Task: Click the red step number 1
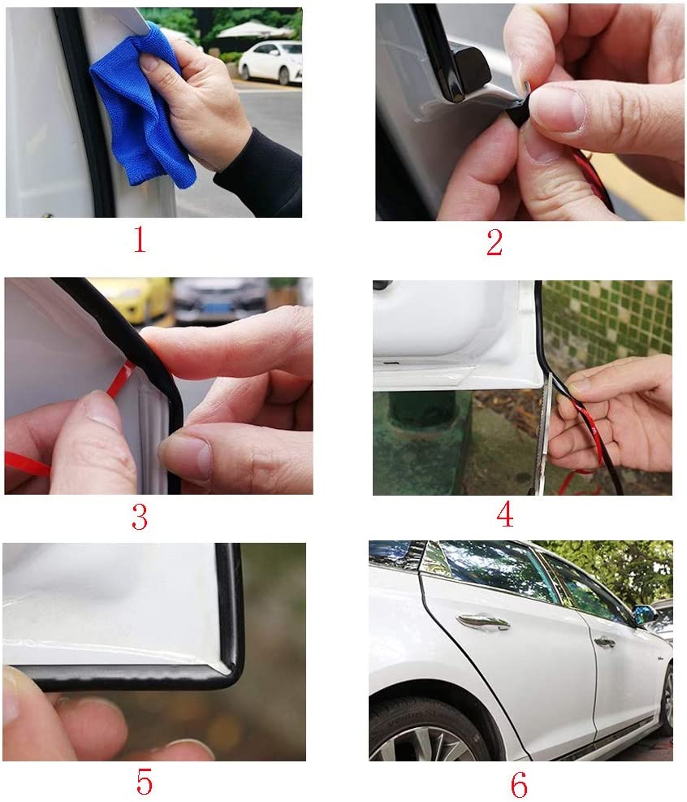click(x=140, y=240)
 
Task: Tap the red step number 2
click(x=495, y=242)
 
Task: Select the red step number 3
click(x=140, y=516)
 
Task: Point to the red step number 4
click(x=504, y=514)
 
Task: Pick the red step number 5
click(x=145, y=782)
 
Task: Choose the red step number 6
click(x=519, y=783)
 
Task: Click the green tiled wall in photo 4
click(x=608, y=323)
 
